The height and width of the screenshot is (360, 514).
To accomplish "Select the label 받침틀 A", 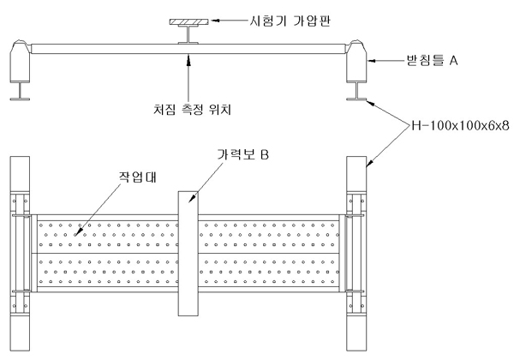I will (431, 62).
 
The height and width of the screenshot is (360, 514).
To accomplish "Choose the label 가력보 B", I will (239, 155).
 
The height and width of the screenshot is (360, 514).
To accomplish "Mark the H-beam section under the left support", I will (20, 91).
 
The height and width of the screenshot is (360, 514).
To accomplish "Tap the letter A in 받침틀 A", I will (455, 62).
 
